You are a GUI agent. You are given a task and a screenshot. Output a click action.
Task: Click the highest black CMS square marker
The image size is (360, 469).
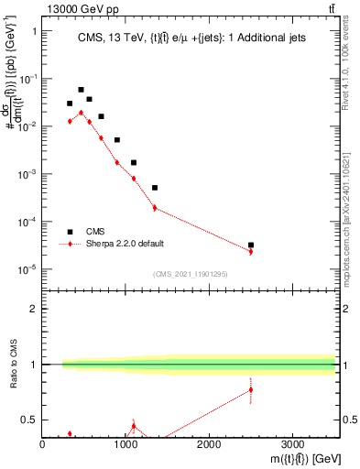[81, 90]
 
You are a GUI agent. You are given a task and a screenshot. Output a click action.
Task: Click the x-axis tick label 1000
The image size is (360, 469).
[125, 444]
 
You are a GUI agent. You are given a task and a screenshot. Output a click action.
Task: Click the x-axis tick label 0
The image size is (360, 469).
[43, 444]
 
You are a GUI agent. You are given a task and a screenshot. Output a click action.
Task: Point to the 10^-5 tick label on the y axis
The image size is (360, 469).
[27, 269]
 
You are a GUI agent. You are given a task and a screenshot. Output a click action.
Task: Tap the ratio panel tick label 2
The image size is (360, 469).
[33, 309]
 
